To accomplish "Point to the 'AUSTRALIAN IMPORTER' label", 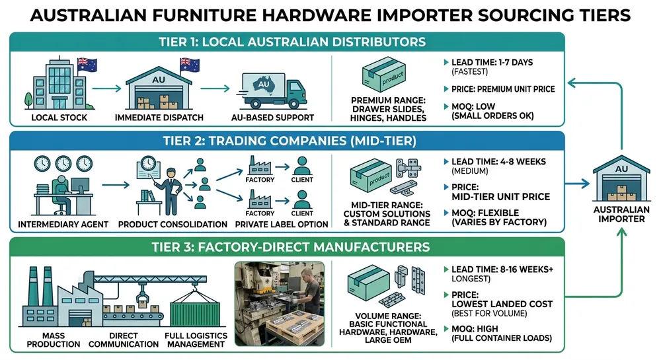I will click(x=621, y=214).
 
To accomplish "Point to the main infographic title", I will click(x=330, y=15).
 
